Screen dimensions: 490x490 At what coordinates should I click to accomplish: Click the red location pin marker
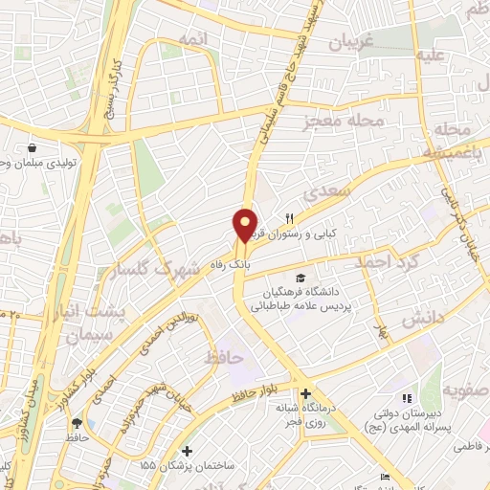pyautogui.click(x=246, y=224)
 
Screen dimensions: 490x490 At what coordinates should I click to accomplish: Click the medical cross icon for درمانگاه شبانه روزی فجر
pyautogui.click(x=305, y=394)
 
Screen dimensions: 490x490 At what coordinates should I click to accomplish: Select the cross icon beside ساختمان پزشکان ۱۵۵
pyautogui.click(x=187, y=451)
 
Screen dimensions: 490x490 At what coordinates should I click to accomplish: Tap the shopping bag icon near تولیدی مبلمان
pyautogui.click(x=33, y=148)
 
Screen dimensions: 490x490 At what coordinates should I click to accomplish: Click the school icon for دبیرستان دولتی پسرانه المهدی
pyautogui.click(x=406, y=397)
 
